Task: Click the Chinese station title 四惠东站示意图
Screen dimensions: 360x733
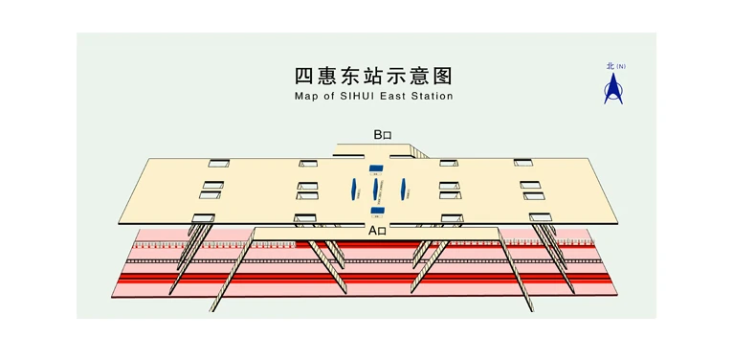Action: click(x=372, y=76)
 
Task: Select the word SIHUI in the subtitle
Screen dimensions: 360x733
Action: click(x=360, y=97)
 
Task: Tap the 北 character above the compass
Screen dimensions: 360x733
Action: click(x=610, y=66)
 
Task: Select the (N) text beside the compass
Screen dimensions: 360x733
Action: click(x=621, y=66)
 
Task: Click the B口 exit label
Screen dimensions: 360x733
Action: click(x=382, y=135)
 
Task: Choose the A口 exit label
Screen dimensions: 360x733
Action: click(x=377, y=231)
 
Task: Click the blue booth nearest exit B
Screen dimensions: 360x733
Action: click(x=376, y=169)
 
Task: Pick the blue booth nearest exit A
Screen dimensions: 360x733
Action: click(x=378, y=211)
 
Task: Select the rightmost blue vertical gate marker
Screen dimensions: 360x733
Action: click(x=406, y=189)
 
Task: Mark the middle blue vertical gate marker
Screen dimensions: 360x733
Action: click(x=375, y=190)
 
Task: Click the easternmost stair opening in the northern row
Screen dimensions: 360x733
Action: click(x=522, y=163)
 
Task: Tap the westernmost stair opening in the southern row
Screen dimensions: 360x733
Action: click(x=203, y=218)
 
